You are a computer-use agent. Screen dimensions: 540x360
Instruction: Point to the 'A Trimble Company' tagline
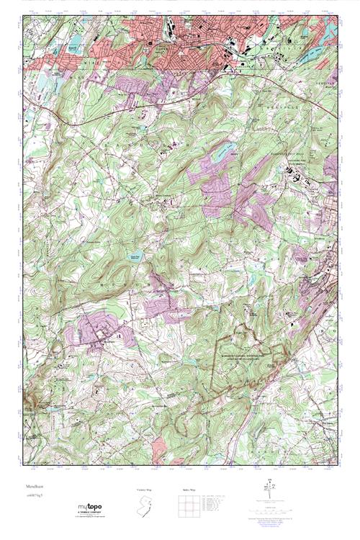pyautogui.click(x=94, y=512)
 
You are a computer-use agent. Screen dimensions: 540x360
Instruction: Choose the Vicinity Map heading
pyautogui.click(x=145, y=490)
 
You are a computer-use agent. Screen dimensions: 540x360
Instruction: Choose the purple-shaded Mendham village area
pyautogui.click(x=97, y=332)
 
